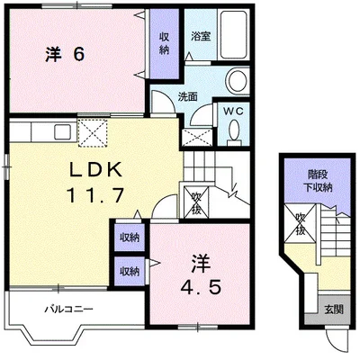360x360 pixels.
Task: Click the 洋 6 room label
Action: (x=65, y=55)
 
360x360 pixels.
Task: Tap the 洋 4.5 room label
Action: (x=201, y=274)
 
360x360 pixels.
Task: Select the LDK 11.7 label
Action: (x=95, y=183)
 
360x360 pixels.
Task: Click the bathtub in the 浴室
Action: (x=234, y=35)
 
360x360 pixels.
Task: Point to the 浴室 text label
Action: (x=201, y=37)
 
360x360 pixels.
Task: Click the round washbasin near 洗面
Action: (x=238, y=81)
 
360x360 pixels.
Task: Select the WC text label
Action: (x=232, y=112)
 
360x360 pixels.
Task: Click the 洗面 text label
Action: (x=187, y=96)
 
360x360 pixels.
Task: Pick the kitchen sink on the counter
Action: (x=63, y=132)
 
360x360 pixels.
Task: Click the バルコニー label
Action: (x=69, y=309)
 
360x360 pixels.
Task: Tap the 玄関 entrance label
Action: (x=334, y=310)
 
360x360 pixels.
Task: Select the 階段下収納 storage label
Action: (x=319, y=181)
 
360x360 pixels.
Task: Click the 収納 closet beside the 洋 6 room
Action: (x=164, y=44)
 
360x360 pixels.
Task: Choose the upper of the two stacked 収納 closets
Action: (x=130, y=238)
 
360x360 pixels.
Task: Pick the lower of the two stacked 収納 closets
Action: (x=130, y=271)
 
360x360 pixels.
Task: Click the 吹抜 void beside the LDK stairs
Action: (x=196, y=202)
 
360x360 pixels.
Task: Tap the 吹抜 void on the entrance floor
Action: (x=300, y=223)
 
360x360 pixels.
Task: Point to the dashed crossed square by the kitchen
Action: (x=93, y=133)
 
